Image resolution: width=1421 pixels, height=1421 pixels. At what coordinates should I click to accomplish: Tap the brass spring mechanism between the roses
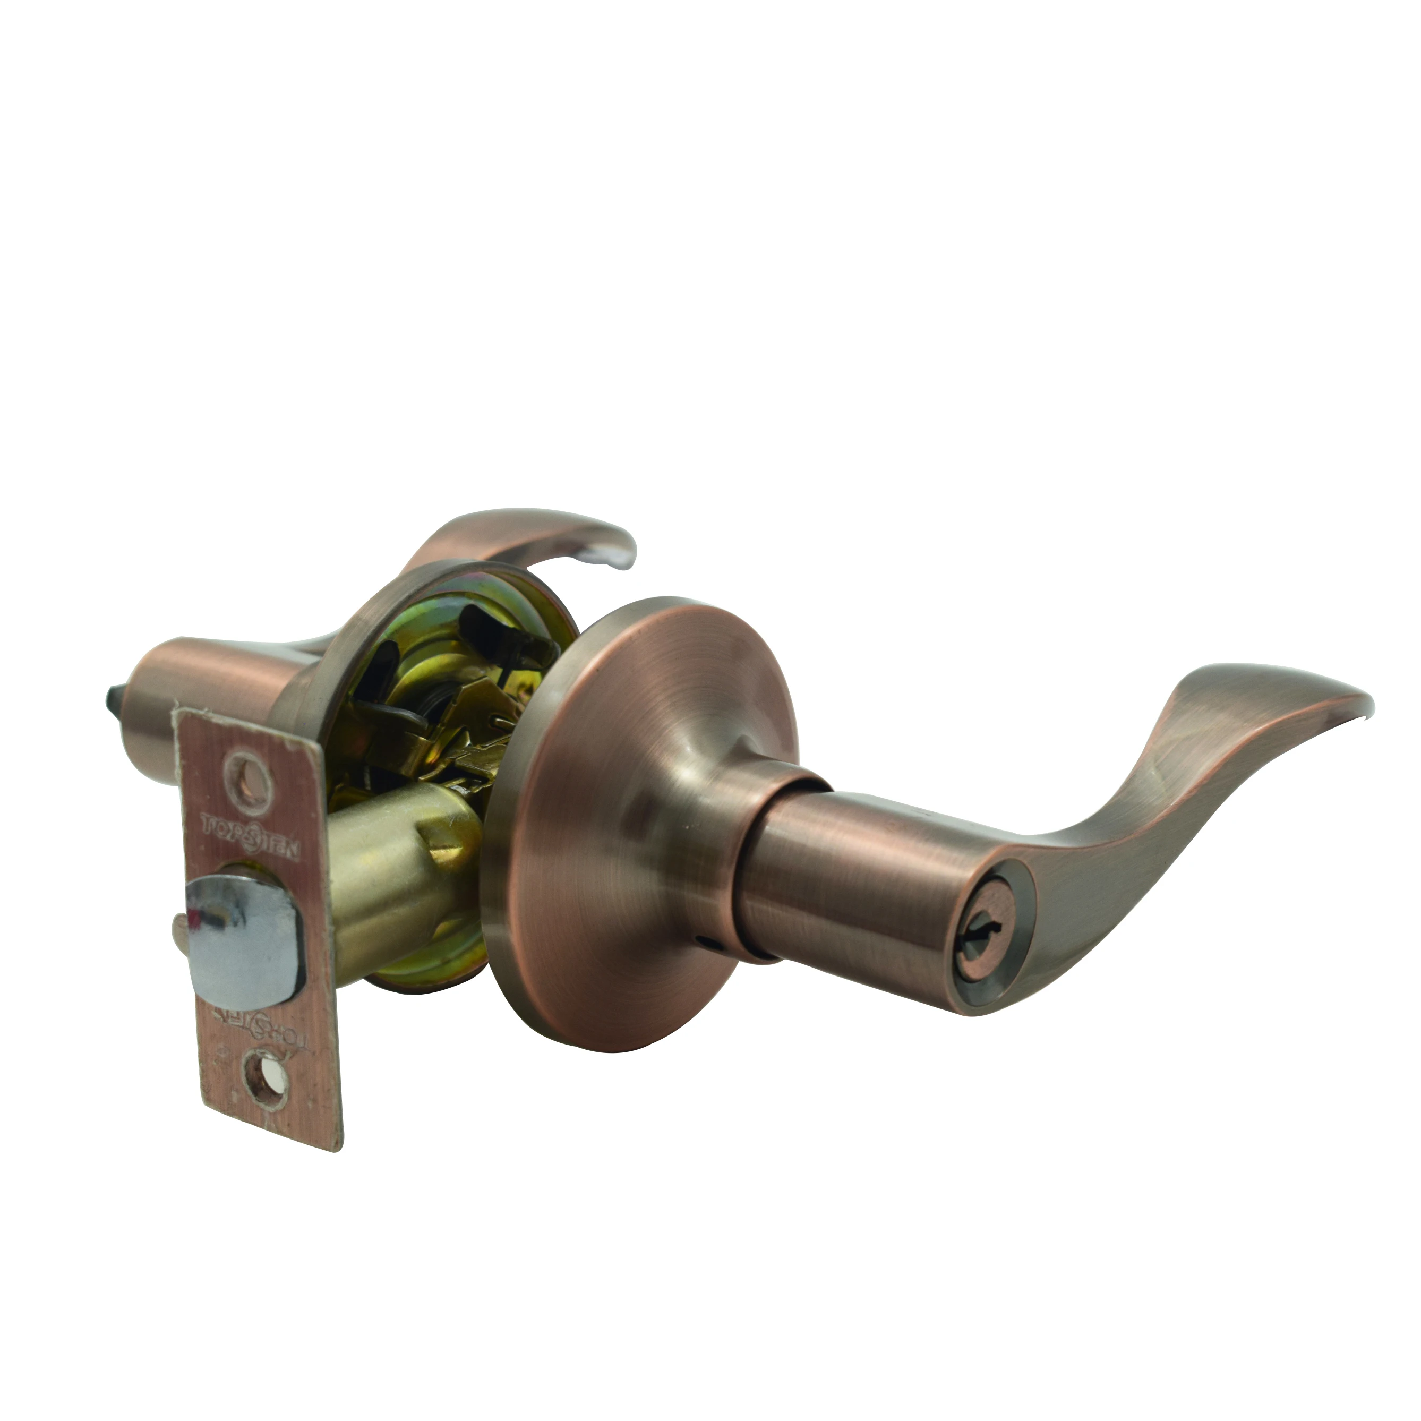(456, 706)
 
